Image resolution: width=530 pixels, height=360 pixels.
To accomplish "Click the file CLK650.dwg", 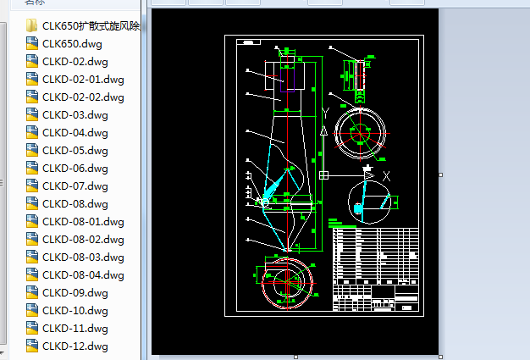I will [71, 43].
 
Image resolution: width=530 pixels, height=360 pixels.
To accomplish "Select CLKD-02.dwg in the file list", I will [75, 61].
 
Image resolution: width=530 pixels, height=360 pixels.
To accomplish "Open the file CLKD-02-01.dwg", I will [83, 79].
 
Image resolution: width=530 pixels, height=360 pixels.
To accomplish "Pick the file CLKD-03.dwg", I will [75, 114].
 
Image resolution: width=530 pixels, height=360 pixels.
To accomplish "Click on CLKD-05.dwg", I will [75, 150].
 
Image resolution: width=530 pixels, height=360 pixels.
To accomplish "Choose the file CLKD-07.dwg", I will [75, 186].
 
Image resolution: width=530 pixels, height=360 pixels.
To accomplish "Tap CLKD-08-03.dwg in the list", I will [83, 257].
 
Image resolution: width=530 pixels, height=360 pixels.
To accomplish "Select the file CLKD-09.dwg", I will [75, 292].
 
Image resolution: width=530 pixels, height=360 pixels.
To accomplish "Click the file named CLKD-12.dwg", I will [75, 346].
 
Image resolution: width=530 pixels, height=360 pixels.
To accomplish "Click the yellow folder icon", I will [32, 25].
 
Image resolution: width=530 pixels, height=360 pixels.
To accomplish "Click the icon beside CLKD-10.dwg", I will [32, 310].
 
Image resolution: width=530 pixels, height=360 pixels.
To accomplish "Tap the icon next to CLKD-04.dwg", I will [32, 132].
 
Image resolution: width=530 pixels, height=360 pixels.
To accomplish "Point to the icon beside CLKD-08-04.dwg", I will [32, 274].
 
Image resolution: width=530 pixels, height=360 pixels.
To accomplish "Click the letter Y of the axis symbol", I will [324, 112].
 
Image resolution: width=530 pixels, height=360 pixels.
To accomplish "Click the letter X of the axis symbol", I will [386, 175].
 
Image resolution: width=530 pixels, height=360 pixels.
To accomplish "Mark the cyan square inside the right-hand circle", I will [358, 208].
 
